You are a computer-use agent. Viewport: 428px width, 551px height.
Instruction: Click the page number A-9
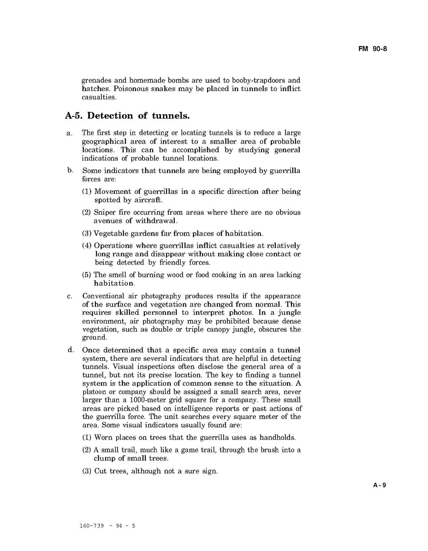tap(380, 485)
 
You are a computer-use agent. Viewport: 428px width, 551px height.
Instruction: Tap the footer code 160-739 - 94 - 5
tap(107, 526)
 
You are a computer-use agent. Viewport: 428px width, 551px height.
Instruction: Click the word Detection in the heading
tap(110, 116)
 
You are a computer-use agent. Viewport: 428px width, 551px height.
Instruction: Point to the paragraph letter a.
tap(69, 133)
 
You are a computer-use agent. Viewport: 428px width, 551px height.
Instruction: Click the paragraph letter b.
tap(70, 170)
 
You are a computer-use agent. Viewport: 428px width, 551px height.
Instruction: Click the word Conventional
tap(103, 296)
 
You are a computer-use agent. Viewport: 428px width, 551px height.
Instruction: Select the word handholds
tap(277, 437)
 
